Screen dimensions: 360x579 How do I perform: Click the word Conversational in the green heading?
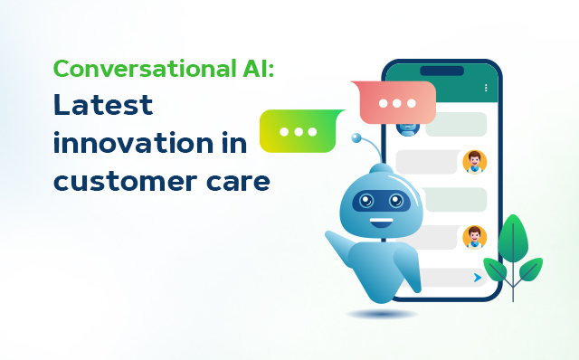coord(145,69)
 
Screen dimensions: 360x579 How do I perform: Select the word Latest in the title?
coord(102,105)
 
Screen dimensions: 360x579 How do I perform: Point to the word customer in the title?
coord(120,181)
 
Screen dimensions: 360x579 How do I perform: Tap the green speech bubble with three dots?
coord(299,131)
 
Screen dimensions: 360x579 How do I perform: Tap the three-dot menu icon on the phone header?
coord(486,88)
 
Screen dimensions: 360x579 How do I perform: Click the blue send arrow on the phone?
coord(477,279)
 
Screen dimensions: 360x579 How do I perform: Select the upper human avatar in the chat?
coord(473,162)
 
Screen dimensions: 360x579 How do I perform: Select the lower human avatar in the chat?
coord(473,237)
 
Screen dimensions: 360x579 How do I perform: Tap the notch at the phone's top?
coord(441,71)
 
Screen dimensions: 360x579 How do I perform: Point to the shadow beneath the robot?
coord(381,314)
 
